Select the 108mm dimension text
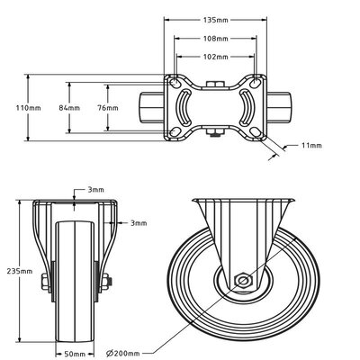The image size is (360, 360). (x=213, y=39)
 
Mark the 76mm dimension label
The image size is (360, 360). (x=107, y=107)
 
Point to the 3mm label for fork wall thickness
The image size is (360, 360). (x=137, y=222)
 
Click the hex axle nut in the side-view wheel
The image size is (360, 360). (x=242, y=281)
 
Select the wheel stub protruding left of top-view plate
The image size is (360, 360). (x=150, y=107)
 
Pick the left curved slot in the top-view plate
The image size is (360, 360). (x=184, y=107)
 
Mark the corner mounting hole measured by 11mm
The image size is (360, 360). (x=260, y=133)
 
